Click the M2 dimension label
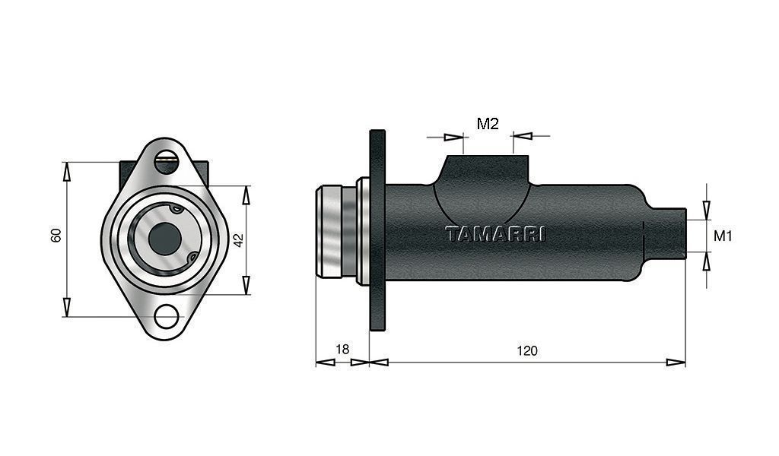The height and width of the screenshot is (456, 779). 488,124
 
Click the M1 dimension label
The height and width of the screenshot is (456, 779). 723,236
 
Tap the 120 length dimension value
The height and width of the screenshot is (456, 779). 527,351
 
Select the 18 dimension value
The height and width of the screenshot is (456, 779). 342,350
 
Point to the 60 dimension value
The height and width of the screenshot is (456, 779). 56,235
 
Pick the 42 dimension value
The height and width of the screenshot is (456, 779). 238,240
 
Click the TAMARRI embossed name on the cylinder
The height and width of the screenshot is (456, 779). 495,234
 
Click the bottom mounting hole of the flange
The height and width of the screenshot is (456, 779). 167,316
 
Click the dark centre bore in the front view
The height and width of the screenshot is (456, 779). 165,238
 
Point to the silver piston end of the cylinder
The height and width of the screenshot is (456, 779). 337,231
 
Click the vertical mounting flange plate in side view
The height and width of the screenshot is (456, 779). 377,230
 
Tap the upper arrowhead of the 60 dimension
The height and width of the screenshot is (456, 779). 67,171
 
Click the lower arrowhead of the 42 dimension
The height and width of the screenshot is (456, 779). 246,285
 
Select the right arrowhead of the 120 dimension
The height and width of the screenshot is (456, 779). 676,363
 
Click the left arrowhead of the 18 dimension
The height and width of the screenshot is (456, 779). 325,363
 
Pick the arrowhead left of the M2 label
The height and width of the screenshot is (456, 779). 453,137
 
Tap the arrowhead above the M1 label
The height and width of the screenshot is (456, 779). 707,210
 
